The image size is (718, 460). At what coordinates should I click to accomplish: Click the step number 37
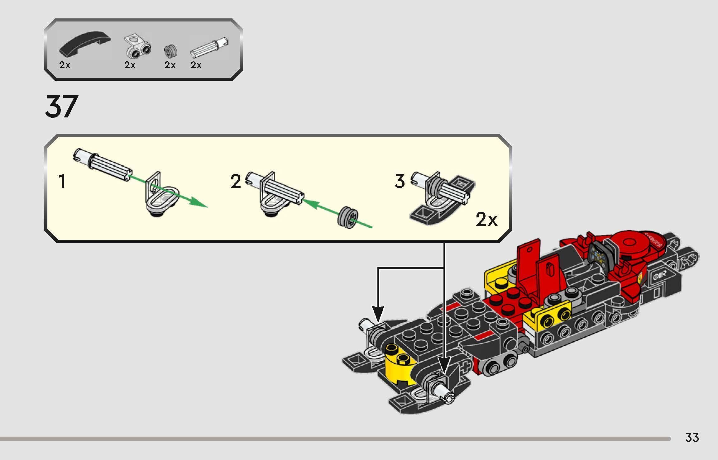tap(61, 107)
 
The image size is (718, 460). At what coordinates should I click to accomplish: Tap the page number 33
tap(692, 438)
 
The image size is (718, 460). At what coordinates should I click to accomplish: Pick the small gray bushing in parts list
tap(170, 51)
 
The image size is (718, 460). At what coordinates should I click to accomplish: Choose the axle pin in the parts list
tap(209, 48)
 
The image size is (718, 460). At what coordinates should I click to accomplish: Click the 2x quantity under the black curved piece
tap(65, 65)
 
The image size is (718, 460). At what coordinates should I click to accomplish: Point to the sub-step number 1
tap(62, 182)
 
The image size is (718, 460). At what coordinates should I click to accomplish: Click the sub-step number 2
tap(236, 182)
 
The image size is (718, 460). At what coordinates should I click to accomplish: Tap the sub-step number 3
tap(400, 182)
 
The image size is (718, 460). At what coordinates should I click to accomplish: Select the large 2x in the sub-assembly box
tap(486, 220)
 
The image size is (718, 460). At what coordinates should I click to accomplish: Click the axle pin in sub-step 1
tap(103, 164)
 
